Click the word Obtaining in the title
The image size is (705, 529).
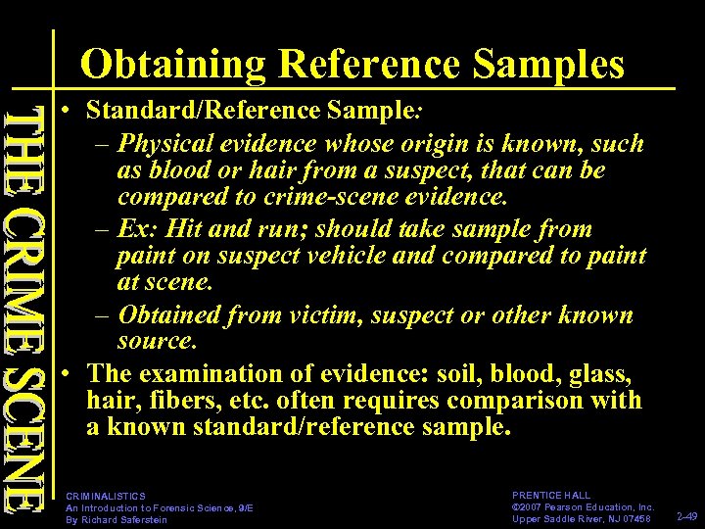(x=172, y=65)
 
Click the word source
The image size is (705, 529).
(x=157, y=342)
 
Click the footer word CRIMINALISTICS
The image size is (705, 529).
(x=105, y=497)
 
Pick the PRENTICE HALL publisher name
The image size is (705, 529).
(x=551, y=496)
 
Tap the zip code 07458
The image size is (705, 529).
(x=634, y=519)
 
